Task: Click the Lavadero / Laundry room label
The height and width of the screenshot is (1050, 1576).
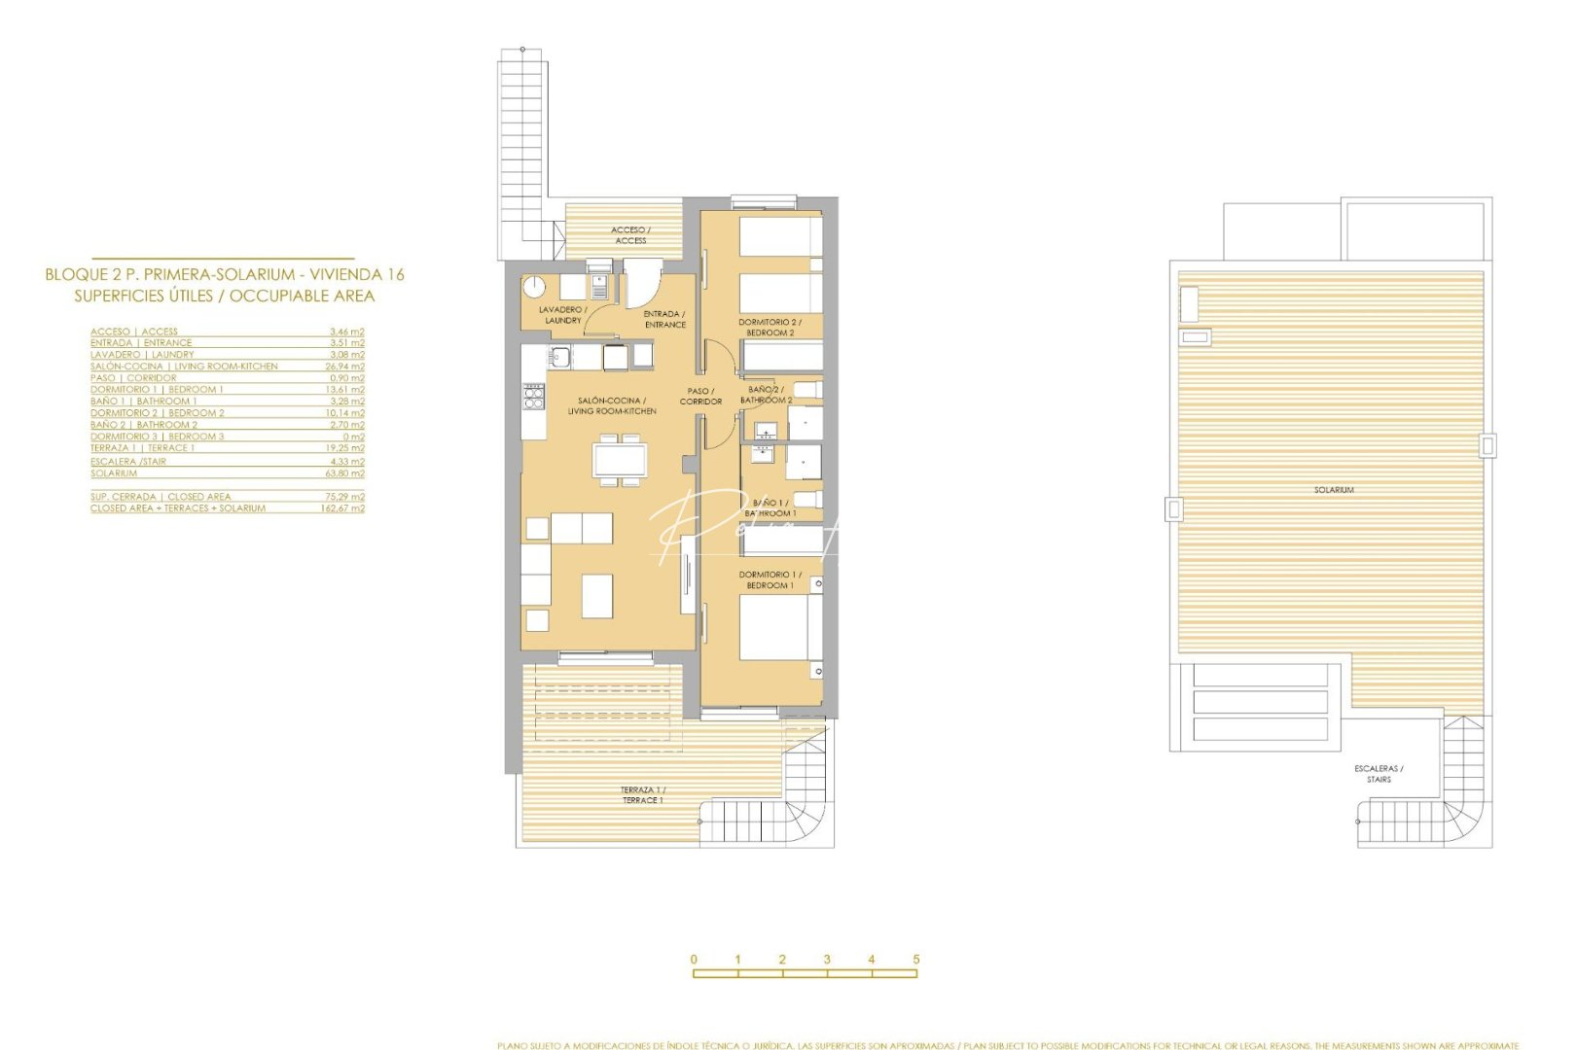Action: click(563, 315)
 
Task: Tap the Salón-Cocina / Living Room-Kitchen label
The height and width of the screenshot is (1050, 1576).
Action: click(612, 405)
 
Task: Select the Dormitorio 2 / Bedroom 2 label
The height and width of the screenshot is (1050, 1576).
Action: click(770, 327)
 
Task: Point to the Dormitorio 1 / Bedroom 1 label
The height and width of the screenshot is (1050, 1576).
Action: click(770, 579)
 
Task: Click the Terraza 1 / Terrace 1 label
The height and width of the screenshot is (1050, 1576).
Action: click(643, 794)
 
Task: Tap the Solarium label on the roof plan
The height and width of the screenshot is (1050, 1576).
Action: click(1334, 490)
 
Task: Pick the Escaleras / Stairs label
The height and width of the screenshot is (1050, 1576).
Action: click(1379, 774)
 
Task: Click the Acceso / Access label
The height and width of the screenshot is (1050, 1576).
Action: click(630, 235)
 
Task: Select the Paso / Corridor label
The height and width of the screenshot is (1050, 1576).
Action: click(700, 396)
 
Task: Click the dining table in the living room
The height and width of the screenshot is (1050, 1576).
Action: click(620, 459)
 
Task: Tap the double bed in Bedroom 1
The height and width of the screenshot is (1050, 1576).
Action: click(774, 627)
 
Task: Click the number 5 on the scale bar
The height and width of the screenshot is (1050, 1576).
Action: click(916, 959)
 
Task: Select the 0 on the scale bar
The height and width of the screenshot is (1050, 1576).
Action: click(694, 959)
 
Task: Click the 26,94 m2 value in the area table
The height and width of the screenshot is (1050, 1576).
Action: click(345, 367)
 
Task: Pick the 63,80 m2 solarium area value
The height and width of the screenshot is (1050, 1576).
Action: click(345, 473)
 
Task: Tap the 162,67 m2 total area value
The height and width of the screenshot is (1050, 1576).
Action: click(342, 508)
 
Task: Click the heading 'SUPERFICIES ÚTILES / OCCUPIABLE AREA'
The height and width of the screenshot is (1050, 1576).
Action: click(225, 296)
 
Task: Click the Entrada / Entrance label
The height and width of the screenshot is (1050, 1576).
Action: click(665, 319)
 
